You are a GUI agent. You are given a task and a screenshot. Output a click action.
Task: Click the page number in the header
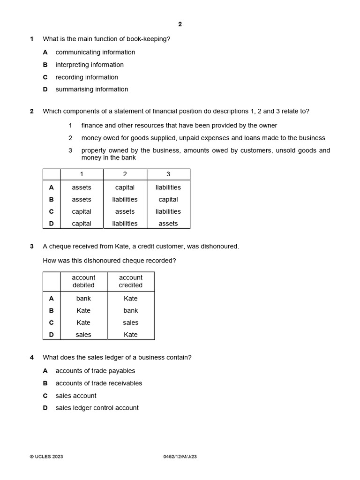tap(180, 24)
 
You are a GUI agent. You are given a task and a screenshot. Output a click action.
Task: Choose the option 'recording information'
tap(87, 77)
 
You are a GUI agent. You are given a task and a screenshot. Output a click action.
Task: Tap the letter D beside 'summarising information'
tap(45, 90)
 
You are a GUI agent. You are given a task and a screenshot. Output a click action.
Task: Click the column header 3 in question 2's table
tap(168, 174)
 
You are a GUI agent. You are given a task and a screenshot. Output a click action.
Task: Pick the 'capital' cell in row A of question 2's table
tap(125, 187)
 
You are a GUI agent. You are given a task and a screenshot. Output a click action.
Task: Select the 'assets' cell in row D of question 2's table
tap(168, 224)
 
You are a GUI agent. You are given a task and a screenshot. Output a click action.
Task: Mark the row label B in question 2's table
tap(52, 200)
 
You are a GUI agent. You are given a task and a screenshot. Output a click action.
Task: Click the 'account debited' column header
tap(83, 281)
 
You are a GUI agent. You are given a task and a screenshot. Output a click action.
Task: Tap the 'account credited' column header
tap(131, 281)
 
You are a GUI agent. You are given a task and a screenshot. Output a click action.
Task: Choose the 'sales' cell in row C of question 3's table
tap(131, 322)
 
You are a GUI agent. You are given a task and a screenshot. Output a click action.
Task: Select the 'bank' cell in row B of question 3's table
tap(131, 310)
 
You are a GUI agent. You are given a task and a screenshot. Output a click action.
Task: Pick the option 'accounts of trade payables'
tap(95, 371)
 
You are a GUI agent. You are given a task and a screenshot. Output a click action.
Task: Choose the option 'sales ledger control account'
tap(97, 408)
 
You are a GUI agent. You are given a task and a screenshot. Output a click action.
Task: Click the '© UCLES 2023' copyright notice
tap(46, 457)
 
